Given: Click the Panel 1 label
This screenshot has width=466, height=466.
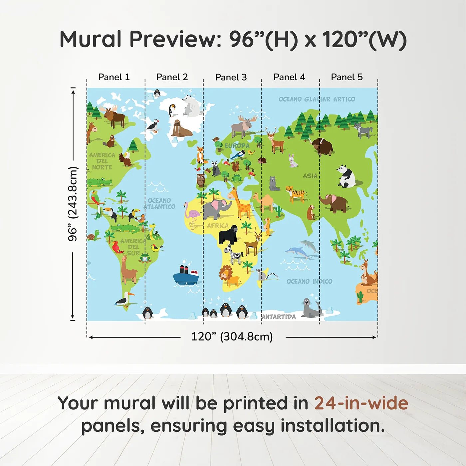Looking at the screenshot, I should [114, 77].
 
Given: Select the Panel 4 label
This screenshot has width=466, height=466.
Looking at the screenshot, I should [289, 77].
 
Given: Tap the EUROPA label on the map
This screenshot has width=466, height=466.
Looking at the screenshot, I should [237, 146].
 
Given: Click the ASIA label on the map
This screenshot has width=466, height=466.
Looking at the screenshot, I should [310, 176].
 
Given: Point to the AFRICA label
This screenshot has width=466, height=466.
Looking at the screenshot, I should [218, 226].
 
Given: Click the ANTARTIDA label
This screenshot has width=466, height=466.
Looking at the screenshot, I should [279, 317].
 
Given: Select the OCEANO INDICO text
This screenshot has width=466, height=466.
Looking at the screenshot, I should [309, 282].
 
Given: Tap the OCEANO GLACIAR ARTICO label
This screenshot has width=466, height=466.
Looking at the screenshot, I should [317, 99].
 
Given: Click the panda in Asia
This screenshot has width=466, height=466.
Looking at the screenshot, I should [346, 176].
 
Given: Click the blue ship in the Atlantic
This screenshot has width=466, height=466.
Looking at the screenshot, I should [186, 275].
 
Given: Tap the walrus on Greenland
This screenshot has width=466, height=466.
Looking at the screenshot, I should [180, 129].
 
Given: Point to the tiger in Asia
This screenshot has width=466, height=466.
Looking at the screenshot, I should [296, 194].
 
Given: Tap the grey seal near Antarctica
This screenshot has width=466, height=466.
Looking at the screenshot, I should [311, 308].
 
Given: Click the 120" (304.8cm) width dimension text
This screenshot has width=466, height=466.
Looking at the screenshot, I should [232, 337].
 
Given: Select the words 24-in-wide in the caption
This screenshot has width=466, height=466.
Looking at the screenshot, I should [361, 403].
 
